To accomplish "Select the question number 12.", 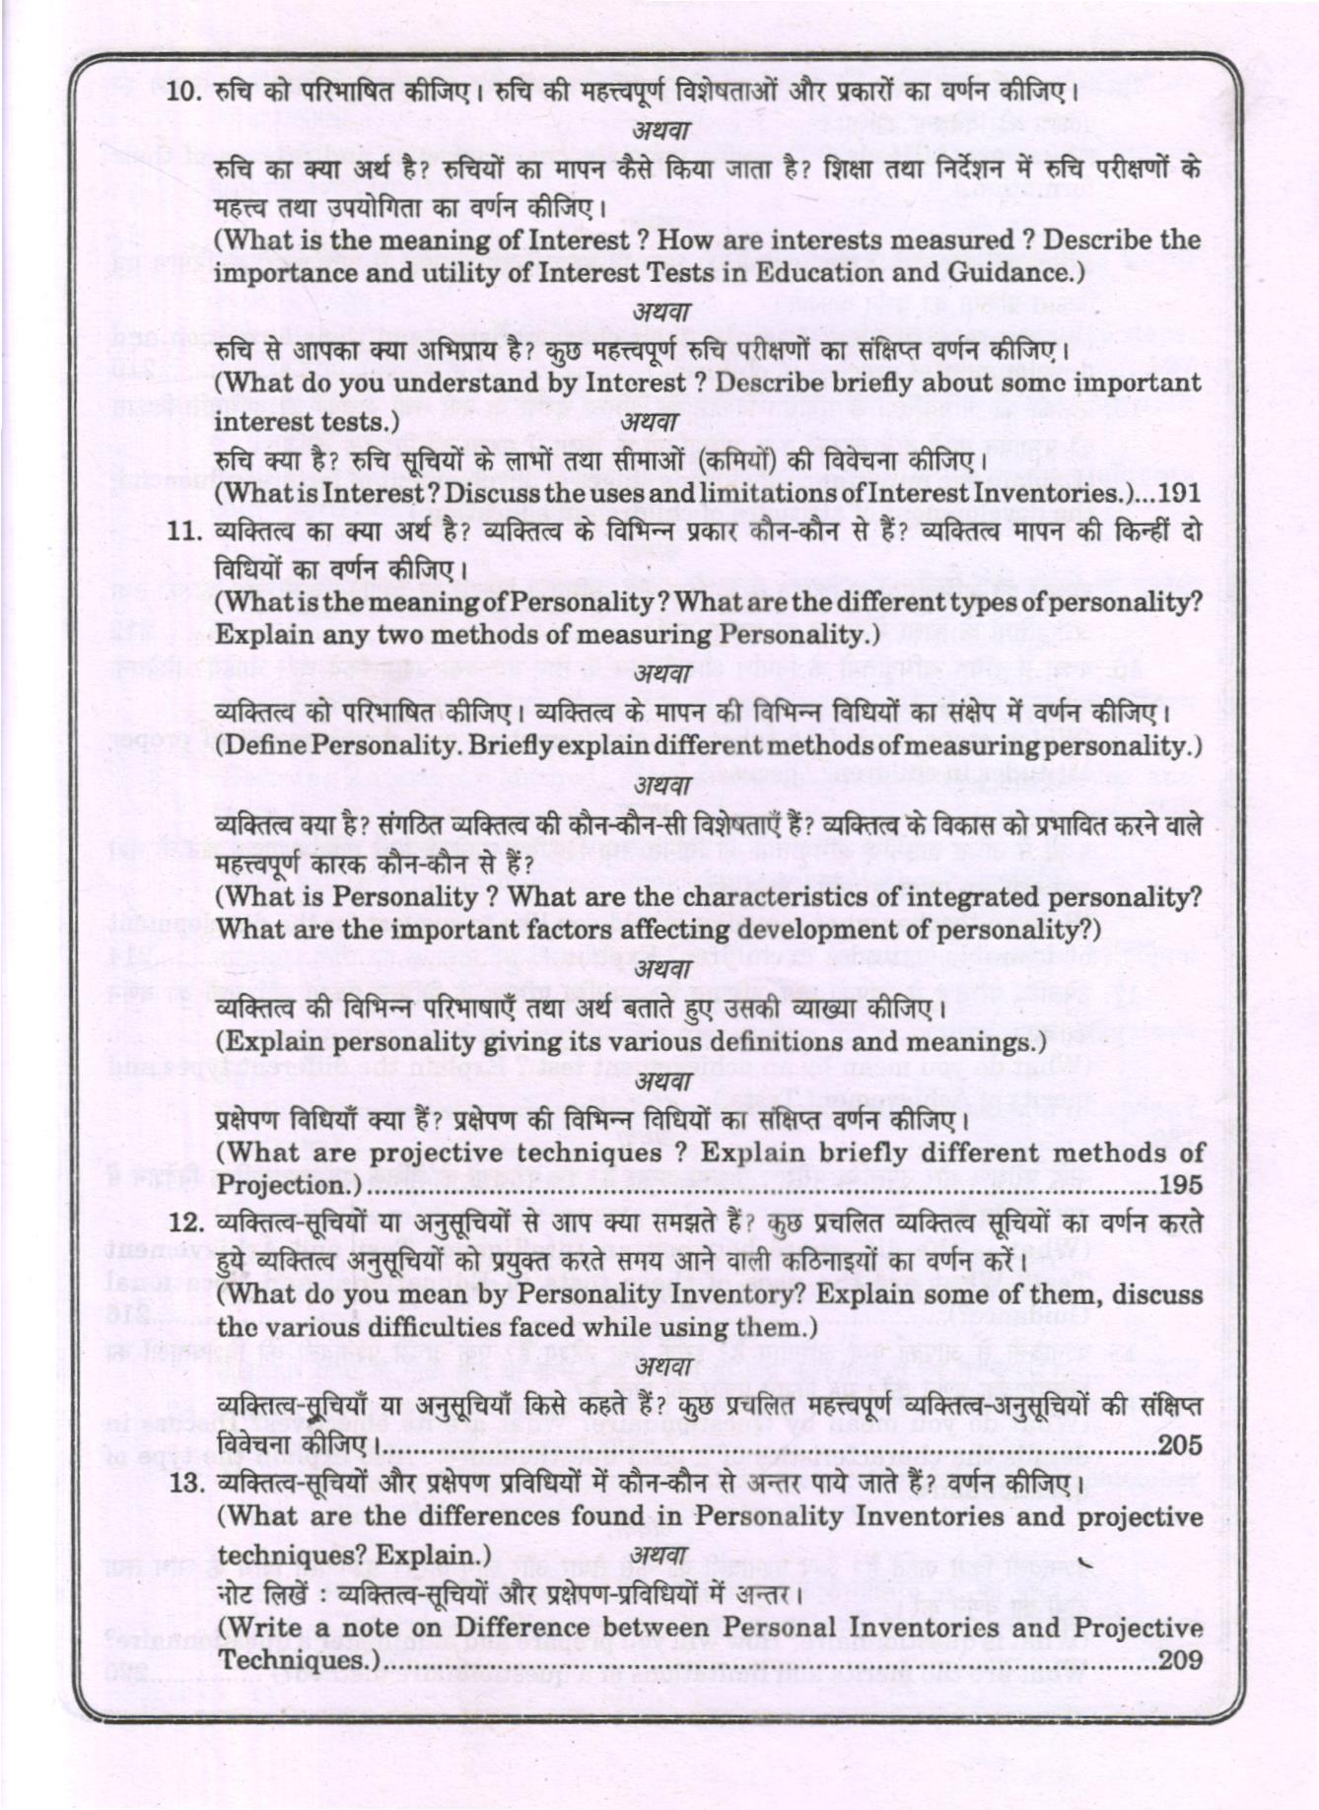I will pyautogui.click(x=185, y=1222).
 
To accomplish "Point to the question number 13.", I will pyautogui.click(x=185, y=1483).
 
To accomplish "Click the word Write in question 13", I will pyautogui.click(x=259, y=1627).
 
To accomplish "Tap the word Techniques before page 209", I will pyautogui.click(x=293, y=1661).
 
